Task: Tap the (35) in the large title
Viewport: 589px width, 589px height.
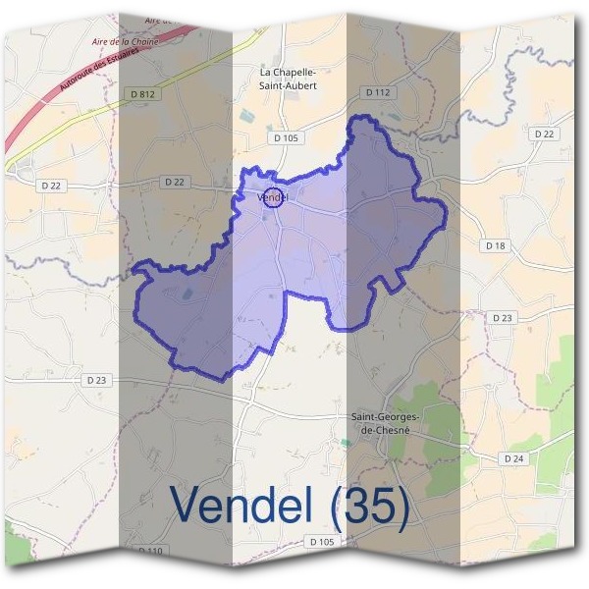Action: tap(368, 505)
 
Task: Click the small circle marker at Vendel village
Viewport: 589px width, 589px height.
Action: tap(275, 197)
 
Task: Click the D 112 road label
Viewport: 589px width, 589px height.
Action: tap(378, 92)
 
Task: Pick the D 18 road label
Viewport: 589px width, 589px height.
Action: tap(496, 244)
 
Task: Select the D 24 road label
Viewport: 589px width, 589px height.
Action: tap(514, 458)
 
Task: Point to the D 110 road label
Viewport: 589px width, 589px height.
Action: tap(150, 552)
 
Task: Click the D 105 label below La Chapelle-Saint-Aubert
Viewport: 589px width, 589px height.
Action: tap(286, 138)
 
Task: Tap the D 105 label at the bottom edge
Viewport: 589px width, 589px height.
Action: tap(321, 542)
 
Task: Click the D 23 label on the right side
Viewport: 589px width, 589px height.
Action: tap(502, 318)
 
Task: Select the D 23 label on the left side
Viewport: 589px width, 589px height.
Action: tap(96, 380)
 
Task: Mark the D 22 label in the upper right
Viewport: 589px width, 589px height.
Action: tap(544, 134)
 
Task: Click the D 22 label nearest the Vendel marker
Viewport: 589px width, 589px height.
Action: tap(175, 182)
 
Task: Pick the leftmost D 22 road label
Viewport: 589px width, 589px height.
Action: tap(51, 185)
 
